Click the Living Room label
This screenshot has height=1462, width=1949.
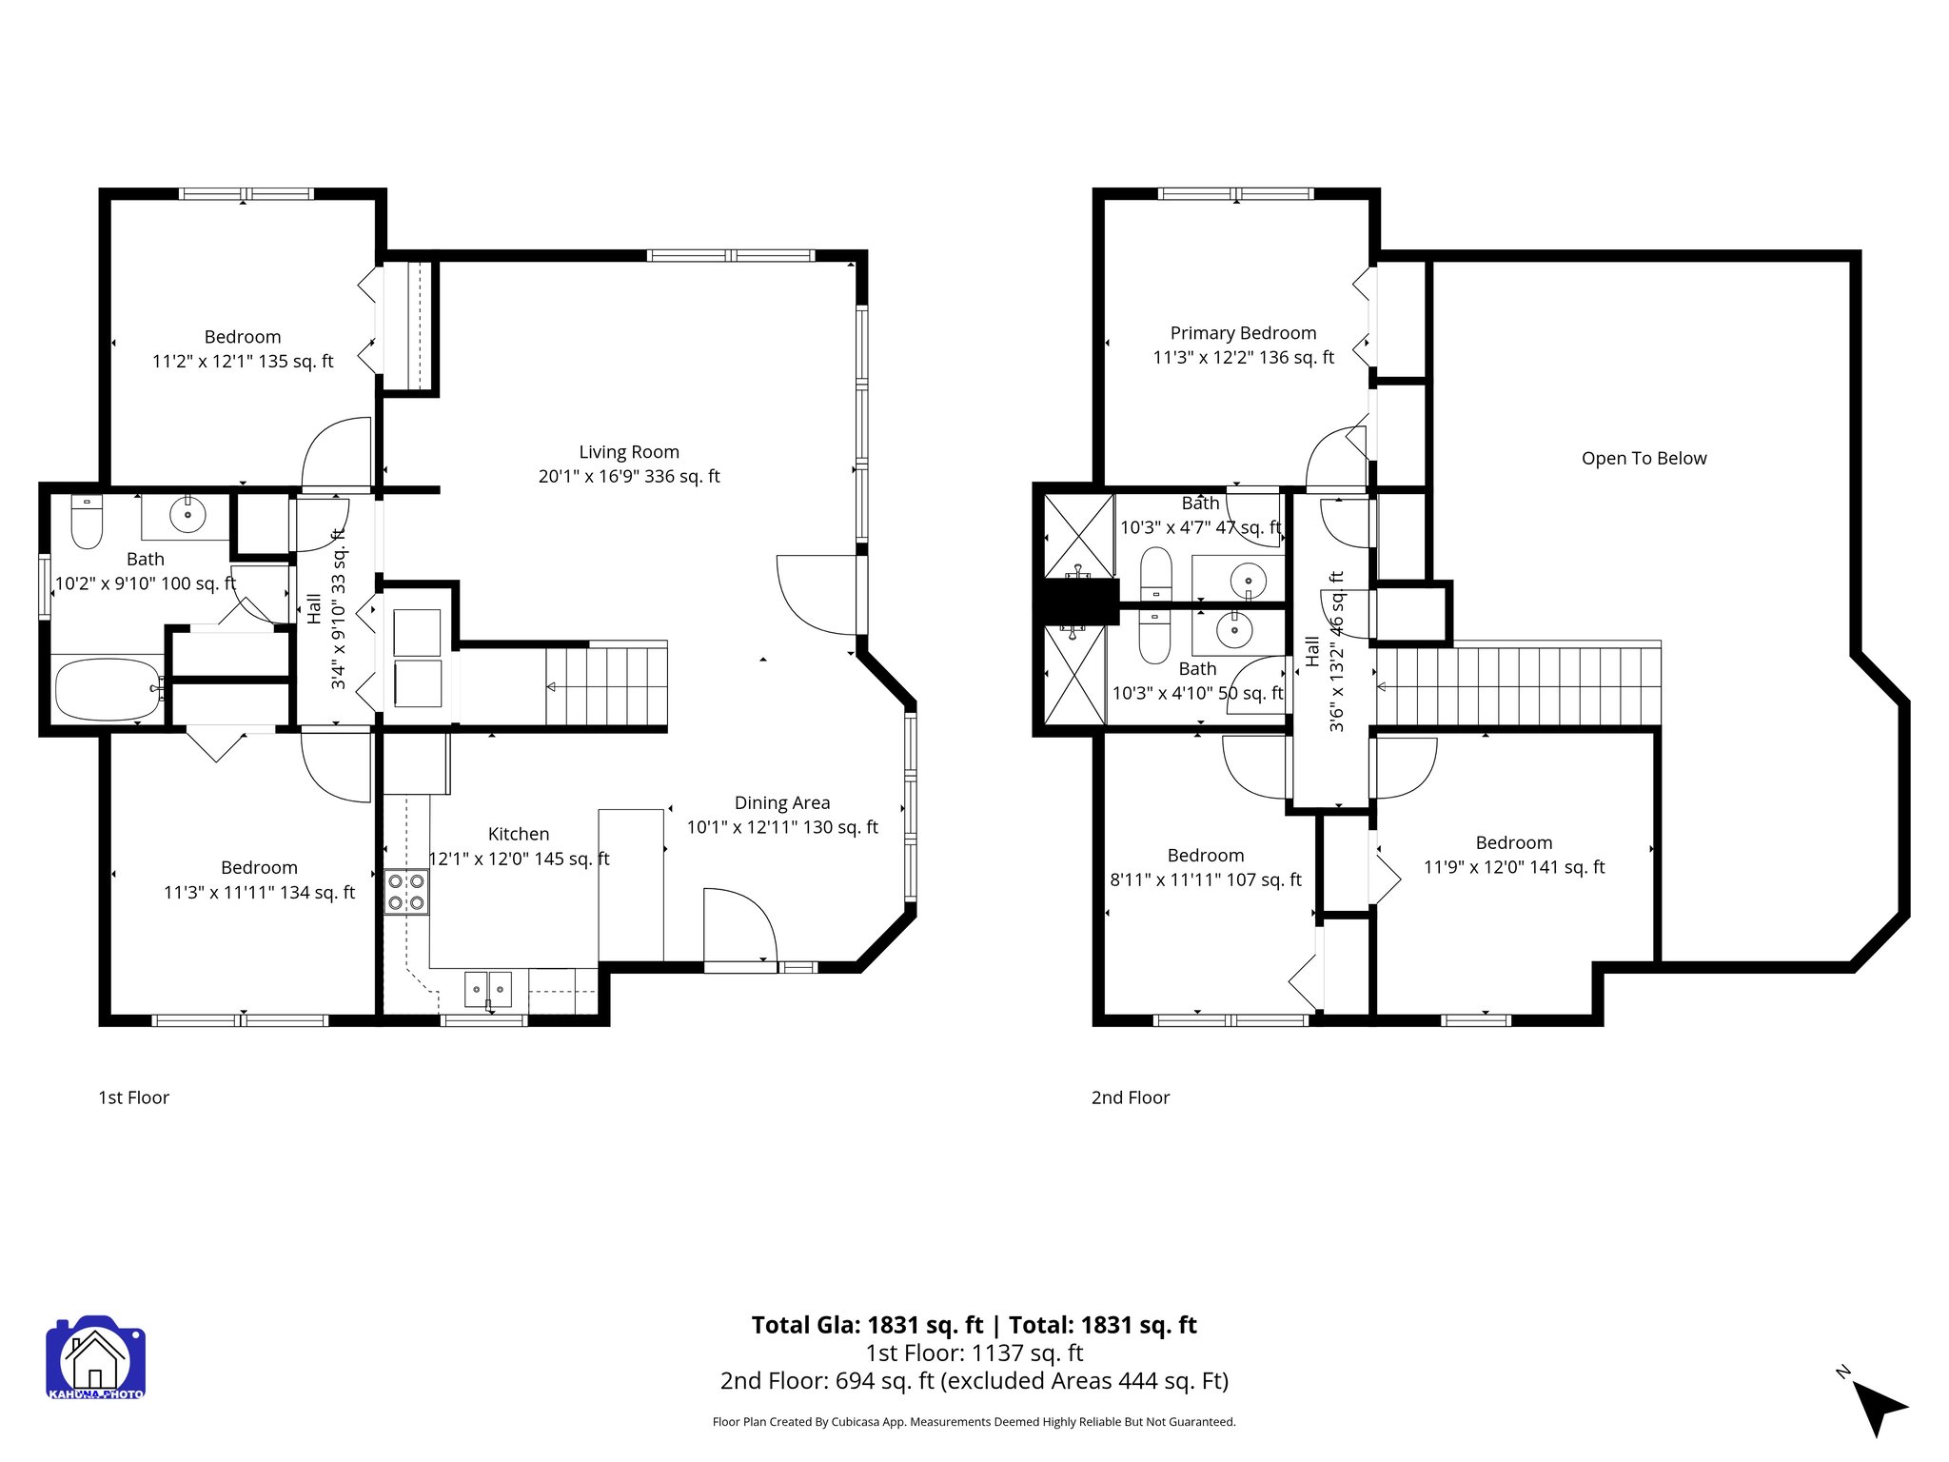(629, 452)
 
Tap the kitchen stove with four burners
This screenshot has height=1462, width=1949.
(406, 892)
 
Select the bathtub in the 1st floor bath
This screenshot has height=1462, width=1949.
(107, 689)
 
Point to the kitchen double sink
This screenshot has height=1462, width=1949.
(488, 990)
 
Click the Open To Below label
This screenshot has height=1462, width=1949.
(1644, 459)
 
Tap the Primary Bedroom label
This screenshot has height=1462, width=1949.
(1243, 333)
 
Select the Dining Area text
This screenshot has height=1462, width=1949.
(782, 803)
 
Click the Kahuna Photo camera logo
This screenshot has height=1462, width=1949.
(95, 1357)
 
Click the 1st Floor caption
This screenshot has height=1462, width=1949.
(133, 1097)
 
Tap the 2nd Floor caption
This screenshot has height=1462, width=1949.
(1130, 1097)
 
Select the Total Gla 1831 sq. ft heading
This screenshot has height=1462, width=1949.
(867, 1325)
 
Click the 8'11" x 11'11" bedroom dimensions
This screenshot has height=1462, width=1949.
(1205, 880)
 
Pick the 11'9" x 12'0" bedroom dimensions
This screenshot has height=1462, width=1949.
(1513, 867)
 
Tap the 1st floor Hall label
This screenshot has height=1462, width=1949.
(315, 609)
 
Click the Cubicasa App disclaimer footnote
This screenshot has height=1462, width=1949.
(974, 1422)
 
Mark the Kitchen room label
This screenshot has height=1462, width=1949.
(518, 835)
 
